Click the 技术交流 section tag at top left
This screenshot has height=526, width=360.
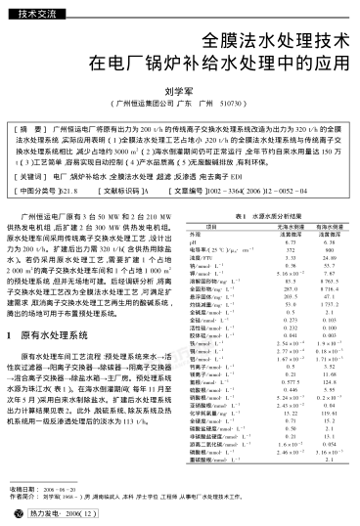(38, 13)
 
